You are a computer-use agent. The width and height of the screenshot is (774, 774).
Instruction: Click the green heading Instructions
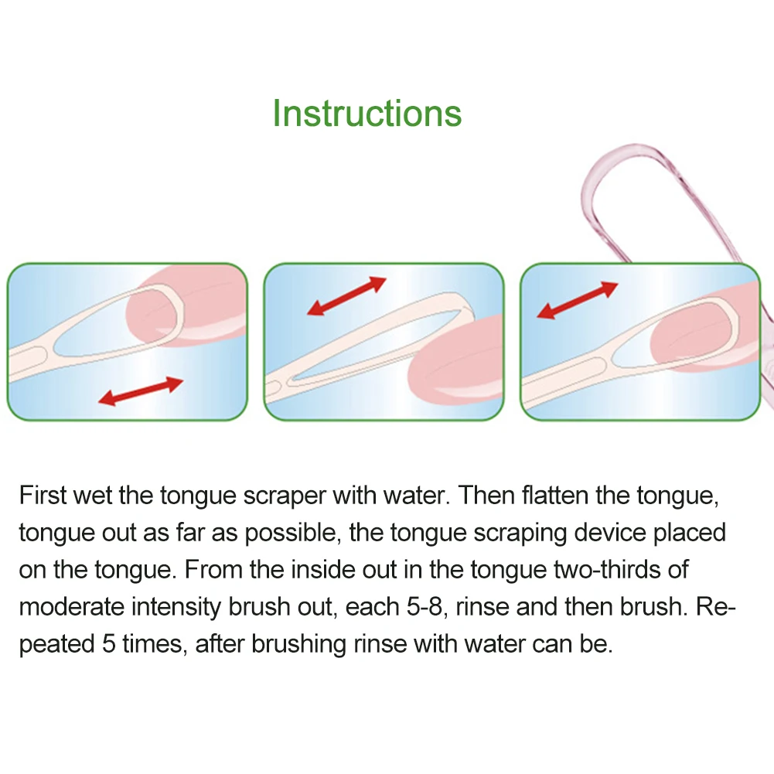(367, 113)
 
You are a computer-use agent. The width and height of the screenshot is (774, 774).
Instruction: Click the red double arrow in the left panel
(140, 391)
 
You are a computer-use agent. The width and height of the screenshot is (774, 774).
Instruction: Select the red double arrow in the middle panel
(346, 295)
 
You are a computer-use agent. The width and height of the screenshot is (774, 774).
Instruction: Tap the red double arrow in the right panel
(577, 301)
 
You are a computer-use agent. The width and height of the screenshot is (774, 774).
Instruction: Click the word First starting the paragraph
(43, 495)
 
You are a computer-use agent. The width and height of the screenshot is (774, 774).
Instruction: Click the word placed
(690, 533)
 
